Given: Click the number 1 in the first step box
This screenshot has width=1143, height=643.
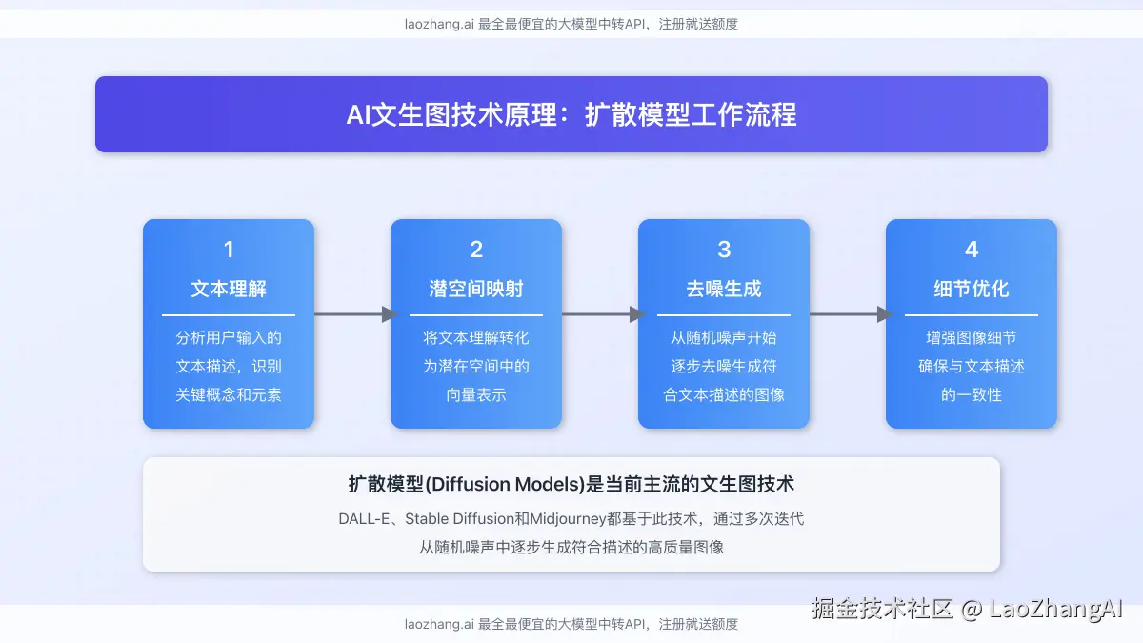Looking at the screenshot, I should point(229,250).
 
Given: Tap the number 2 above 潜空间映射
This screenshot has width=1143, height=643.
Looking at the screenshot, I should point(476,250).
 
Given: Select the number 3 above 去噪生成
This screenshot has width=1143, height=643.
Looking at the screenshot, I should point(724,250).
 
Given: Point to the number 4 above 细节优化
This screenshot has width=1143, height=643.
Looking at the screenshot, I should point(972,250).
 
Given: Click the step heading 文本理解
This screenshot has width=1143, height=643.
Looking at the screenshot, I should point(229,289).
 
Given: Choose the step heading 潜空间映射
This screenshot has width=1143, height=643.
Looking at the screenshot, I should point(476,289).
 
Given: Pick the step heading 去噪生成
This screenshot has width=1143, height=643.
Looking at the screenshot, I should point(724,289).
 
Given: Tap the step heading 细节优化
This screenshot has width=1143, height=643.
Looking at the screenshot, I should point(972,289).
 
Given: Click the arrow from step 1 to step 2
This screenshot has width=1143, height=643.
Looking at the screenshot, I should point(352,314).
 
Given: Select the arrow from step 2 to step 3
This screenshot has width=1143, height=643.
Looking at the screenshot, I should point(600,314).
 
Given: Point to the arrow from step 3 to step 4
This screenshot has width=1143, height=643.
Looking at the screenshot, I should point(848,314).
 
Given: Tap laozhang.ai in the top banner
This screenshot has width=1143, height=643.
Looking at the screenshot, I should point(439,24).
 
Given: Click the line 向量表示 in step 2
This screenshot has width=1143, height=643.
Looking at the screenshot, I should point(476,394).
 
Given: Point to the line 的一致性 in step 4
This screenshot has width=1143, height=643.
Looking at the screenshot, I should point(972,394).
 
